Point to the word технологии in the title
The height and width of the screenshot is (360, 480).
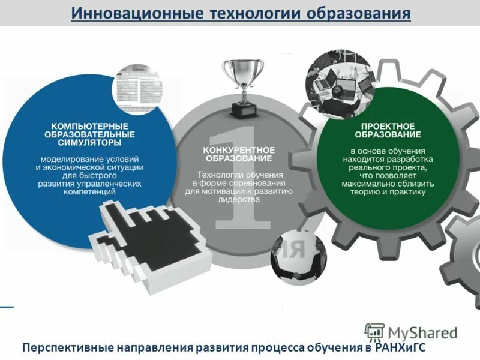257,13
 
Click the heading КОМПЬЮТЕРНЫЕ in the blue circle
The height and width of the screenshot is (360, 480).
89,127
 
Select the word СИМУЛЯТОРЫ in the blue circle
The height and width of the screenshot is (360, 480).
89,143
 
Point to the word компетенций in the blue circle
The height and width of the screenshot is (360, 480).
89,191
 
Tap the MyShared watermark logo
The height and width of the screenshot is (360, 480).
411,331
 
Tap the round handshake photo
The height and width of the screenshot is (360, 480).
298,259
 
